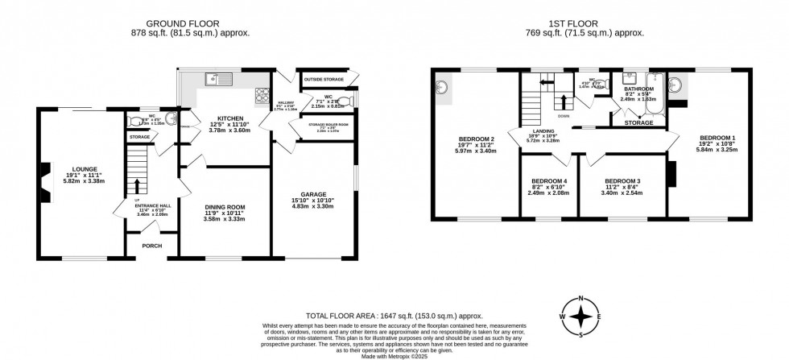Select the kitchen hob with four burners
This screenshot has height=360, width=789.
coord(262,97)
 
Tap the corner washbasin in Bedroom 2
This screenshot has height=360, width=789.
coord(443,87)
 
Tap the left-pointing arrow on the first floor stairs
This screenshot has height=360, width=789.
coord(544,82)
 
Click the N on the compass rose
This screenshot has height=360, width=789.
coord(581,299)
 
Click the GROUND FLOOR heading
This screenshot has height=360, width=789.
coord(190,23)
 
